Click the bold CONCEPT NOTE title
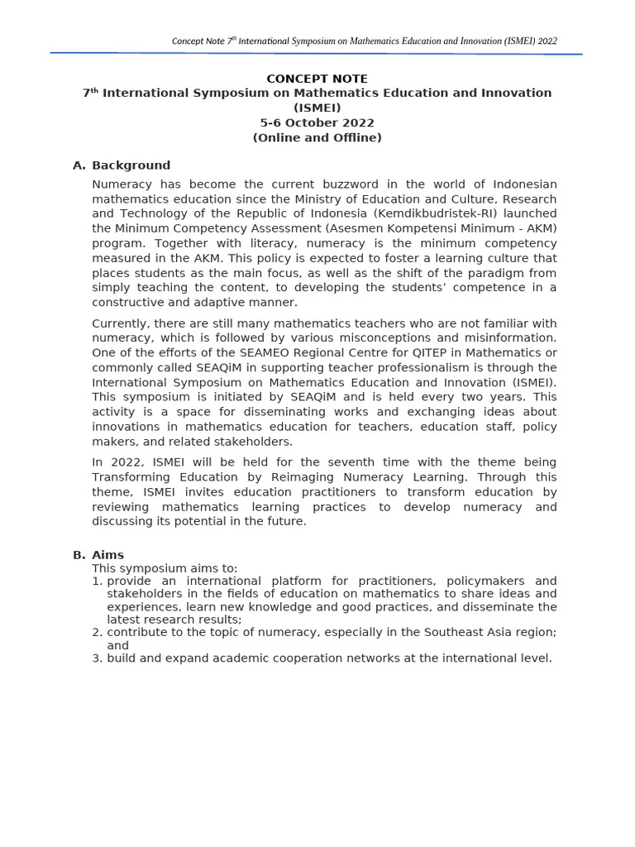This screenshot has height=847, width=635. [x=317, y=79]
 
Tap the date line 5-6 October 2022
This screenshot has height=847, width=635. [x=317, y=123]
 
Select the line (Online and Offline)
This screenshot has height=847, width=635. [x=317, y=138]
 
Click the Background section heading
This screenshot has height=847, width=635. [x=131, y=165]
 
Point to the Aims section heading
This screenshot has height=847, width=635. [x=107, y=555]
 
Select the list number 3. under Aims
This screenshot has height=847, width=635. [x=98, y=658]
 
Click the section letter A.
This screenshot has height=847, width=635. [x=79, y=165]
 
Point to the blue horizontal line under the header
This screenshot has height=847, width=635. [x=317, y=54]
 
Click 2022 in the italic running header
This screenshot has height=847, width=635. [x=547, y=41]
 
